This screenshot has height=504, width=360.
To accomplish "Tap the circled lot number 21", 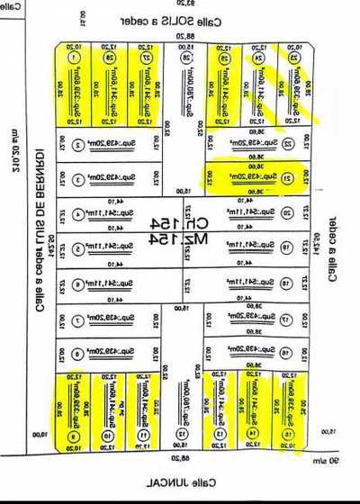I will click(x=287, y=177).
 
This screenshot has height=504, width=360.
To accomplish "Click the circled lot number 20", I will click(x=287, y=213).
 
